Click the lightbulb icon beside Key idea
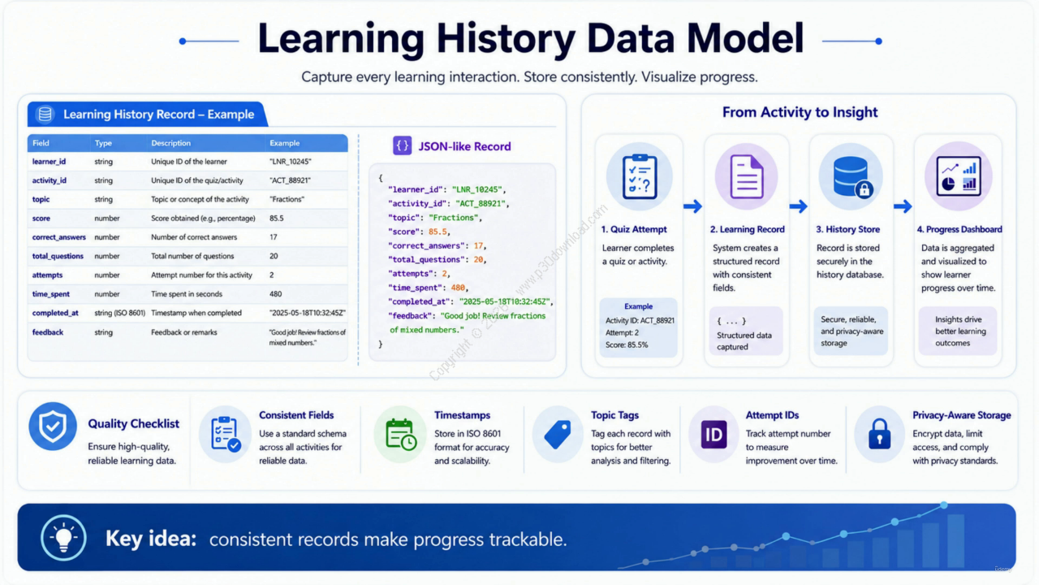click(x=63, y=538)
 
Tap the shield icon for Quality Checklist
click(x=53, y=427)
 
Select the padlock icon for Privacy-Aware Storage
click(x=879, y=435)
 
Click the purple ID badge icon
click(x=714, y=435)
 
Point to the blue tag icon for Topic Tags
click(x=558, y=435)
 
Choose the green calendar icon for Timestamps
click(x=400, y=435)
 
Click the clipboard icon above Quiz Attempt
click(x=640, y=176)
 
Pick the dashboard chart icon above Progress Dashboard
click(x=959, y=176)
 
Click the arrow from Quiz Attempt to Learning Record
click(x=692, y=206)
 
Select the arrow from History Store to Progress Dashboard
click(x=903, y=206)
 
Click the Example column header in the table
click(x=284, y=143)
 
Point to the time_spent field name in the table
click(x=50, y=294)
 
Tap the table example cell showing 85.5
click(x=277, y=219)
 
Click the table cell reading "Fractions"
click(x=287, y=199)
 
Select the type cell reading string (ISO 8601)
click(x=119, y=313)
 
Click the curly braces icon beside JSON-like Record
click(x=402, y=145)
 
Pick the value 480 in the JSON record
click(x=458, y=288)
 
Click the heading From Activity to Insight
click(x=800, y=112)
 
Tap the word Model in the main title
click(x=745, y=38)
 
